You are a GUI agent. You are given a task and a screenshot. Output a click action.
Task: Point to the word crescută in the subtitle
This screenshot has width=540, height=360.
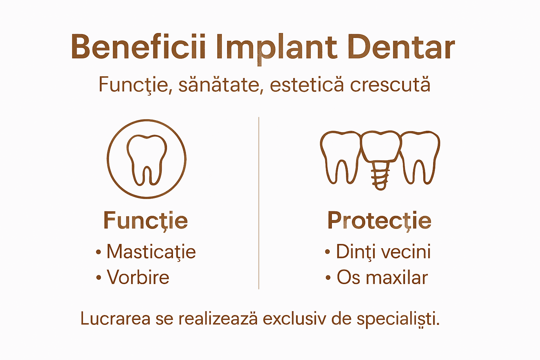coord(390,85)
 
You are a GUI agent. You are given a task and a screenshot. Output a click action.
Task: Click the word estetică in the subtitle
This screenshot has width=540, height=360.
coord(307,85)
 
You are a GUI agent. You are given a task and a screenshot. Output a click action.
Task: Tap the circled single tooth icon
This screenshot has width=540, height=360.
coord(147,159)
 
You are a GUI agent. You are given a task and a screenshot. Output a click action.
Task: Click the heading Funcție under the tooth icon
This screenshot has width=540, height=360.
coord(146,221)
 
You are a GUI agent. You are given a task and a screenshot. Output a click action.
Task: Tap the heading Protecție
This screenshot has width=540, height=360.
coord(379,221)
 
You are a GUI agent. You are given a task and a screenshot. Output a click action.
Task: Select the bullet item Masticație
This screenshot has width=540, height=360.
coord(151,252)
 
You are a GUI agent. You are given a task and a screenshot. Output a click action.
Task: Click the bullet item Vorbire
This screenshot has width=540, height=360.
coord(138,277)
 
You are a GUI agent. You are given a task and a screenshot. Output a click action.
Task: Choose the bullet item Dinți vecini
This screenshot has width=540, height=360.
coord(383,252)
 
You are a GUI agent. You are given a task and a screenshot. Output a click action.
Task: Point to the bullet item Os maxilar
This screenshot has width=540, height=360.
coord(382,277)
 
